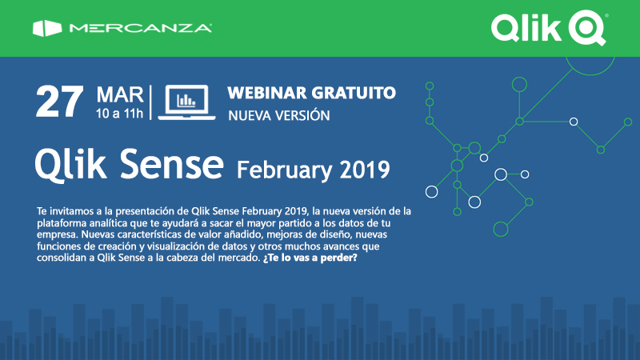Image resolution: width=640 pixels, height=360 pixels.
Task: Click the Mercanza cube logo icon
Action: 47,28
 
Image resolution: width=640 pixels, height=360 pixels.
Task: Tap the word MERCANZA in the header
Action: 141,28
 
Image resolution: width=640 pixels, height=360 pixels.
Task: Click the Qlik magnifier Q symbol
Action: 588,27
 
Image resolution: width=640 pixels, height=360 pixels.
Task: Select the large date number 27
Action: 59,102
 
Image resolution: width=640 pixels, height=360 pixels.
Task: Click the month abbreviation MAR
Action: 120,95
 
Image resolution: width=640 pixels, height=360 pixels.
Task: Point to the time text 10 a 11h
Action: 119,114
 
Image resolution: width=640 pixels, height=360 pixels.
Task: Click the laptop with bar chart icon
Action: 186,102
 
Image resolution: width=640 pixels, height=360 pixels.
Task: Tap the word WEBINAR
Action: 266,93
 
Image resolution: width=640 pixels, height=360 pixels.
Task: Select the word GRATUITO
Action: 354,93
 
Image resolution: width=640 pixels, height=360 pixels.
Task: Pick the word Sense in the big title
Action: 172,164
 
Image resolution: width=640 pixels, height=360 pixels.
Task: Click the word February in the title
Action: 284,170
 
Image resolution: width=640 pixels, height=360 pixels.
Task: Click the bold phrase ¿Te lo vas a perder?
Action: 310,258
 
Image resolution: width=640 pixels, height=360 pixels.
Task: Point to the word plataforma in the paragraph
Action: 62,223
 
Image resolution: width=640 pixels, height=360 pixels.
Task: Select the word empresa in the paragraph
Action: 58,235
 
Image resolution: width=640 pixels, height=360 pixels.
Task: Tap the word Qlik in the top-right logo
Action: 526,28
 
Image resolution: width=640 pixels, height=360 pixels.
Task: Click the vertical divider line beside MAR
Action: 150,102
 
